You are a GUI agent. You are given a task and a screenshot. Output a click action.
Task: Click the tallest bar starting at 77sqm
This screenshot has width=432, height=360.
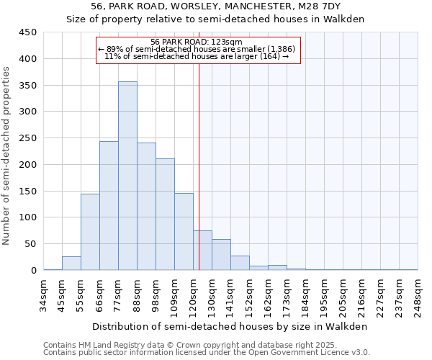pyautogui.click(x=127, y=176)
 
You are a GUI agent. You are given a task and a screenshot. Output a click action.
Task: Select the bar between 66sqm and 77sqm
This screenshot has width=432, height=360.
pyautogui.click(x=109, y=206)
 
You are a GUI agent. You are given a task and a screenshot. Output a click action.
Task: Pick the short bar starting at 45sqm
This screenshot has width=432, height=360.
pyautogui.click(x=71, y=264)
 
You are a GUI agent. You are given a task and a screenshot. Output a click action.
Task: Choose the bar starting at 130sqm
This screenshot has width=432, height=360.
pyautogui.click(x=221, y=255)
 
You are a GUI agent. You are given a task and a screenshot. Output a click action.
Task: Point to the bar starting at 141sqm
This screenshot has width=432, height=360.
pyautogui.click(x=240, y=263)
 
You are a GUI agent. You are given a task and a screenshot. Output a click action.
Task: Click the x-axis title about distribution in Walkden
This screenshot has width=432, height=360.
pyautogui.click(x=230, y=326)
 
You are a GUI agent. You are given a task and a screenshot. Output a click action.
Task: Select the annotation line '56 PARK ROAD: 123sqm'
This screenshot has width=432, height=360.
pyautogui.click(x=197, y=42)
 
